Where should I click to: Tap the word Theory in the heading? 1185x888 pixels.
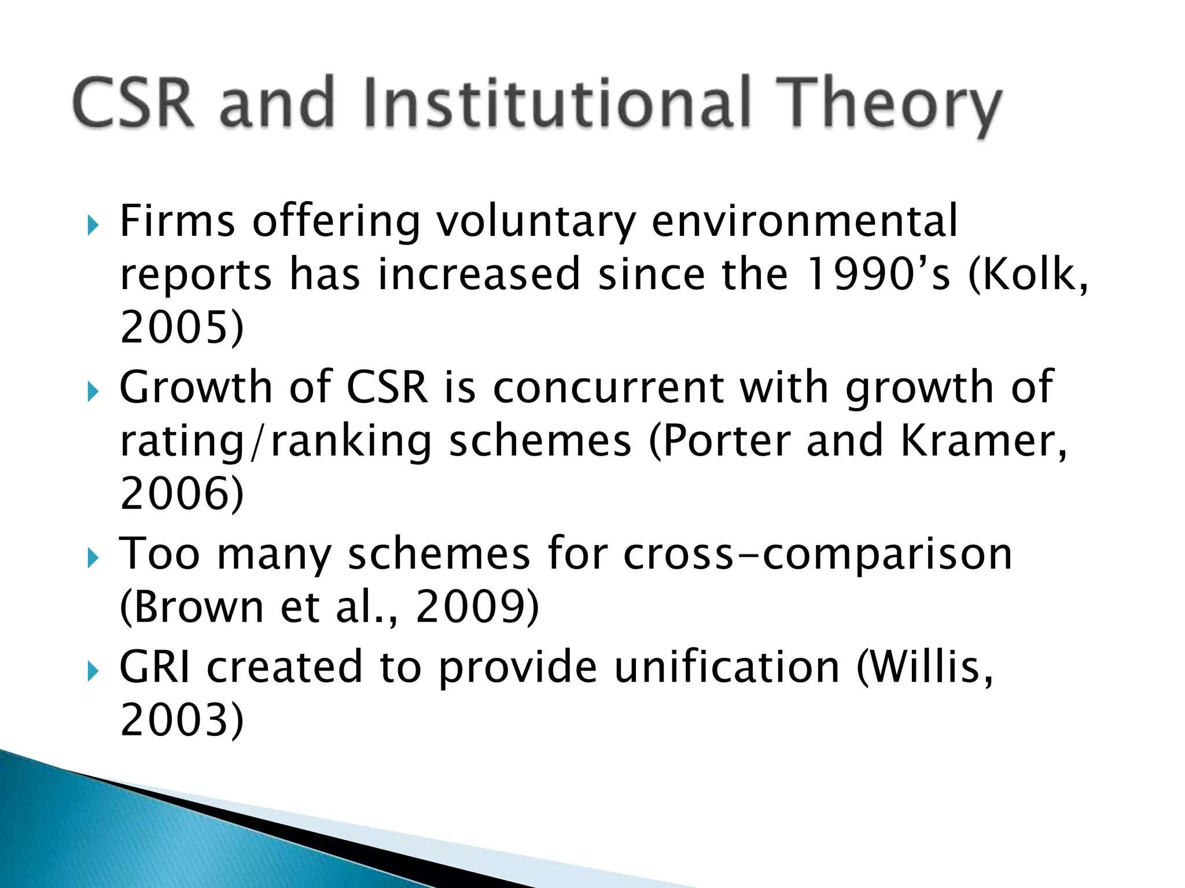pyautogui.click(x=888, y=107)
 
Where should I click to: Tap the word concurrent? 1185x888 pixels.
pyautogui.click(x=608, y=387)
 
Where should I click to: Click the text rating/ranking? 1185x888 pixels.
pyautogui.click(x=275, y=441)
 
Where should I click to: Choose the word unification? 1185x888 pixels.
pyautogui.click(x=727, y=667)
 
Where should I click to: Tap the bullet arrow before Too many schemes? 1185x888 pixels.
pyautogui.click(x=93, y=558)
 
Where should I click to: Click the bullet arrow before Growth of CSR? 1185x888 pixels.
pyautogui.click(x=93, y=392)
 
